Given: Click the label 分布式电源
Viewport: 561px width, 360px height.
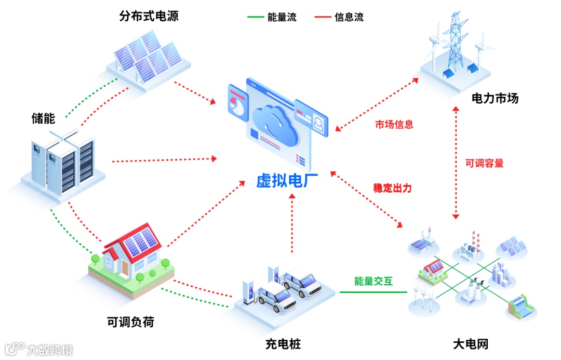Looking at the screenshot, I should (149, 16).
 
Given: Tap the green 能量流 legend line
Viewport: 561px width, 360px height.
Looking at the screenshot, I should (255, 17).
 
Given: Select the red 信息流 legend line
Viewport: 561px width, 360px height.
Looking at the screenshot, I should (323, 17).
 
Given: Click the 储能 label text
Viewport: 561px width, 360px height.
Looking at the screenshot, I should (43, 118).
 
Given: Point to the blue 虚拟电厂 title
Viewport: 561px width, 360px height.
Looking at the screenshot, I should (287, 180).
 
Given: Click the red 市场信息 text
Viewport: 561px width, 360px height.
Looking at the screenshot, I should (394, 125).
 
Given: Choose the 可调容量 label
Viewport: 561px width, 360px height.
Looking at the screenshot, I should (484, 163).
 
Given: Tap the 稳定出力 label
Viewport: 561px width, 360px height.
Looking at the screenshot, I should (392, 188).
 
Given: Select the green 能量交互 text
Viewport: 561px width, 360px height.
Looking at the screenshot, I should (373, 282).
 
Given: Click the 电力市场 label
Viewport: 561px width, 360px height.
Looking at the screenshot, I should (495, 98).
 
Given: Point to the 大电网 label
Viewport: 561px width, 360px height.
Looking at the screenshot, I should (471, 344).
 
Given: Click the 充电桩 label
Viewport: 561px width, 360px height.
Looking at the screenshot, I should (283, 344).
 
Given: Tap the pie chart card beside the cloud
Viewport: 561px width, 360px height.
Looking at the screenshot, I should (236, 102).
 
